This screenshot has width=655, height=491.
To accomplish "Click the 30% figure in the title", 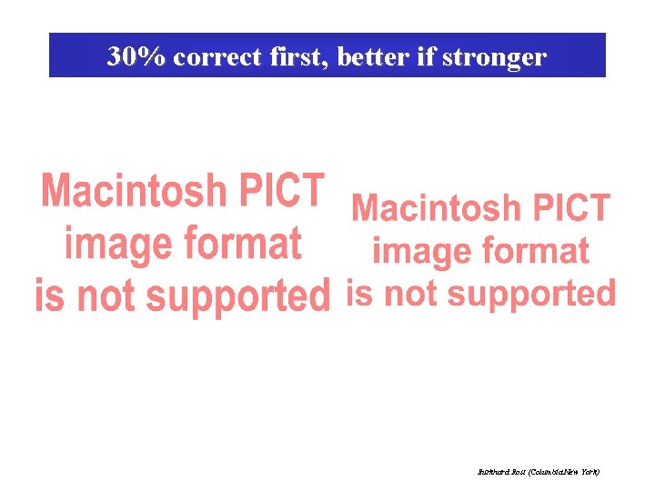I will tap(136, 57).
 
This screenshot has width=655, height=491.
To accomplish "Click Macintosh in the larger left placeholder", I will tap(136, 192).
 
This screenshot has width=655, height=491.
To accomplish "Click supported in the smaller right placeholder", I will tap(532, 294).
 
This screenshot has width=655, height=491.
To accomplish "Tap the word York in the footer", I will tap(589, 473).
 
